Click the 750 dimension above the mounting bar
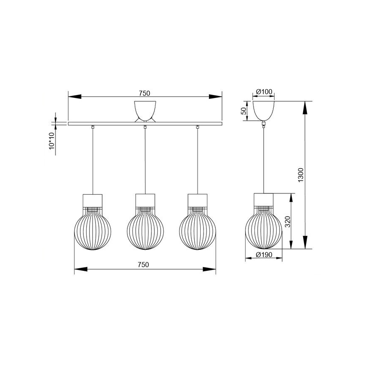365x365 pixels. point(145,93)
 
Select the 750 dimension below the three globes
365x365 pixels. point(144,264)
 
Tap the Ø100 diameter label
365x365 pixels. point(264,92)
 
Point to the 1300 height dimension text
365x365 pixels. point(300,175)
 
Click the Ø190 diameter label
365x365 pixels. point(264,254)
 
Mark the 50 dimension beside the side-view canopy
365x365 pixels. point(243,111)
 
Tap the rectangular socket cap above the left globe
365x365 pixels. point(93,199)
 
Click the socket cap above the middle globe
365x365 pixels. point(145,199)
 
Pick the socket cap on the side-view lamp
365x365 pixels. point(264,199)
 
